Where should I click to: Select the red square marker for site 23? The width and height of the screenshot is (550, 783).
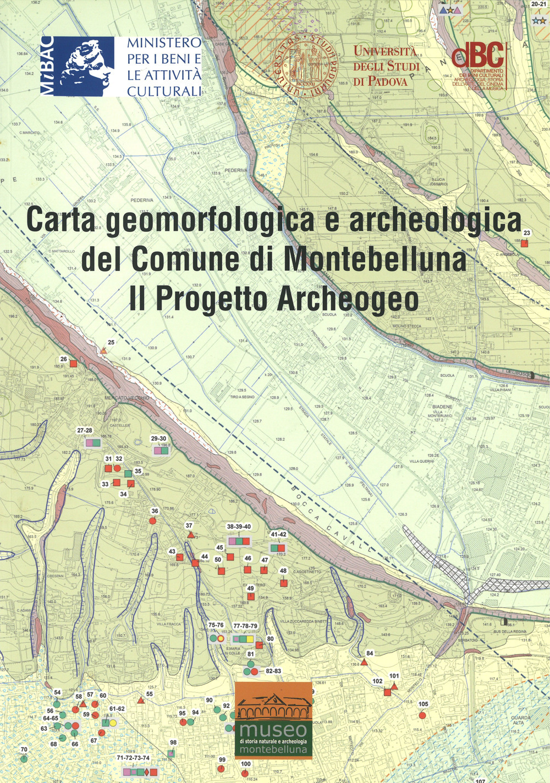(524, 243)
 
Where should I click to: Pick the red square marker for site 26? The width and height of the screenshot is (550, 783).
(73, 363)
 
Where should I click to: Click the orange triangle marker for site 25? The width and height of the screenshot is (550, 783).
(103, 350)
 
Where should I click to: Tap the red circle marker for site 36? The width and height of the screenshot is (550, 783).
(154, 520)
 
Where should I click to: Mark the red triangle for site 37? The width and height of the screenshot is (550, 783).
(190, 534)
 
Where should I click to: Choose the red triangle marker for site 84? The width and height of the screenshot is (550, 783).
(364, 661)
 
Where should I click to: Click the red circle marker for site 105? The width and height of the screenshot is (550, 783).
(422, 715)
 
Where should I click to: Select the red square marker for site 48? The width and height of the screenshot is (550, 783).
(283, 582)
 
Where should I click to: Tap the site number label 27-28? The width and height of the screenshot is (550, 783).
(85, 431)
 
